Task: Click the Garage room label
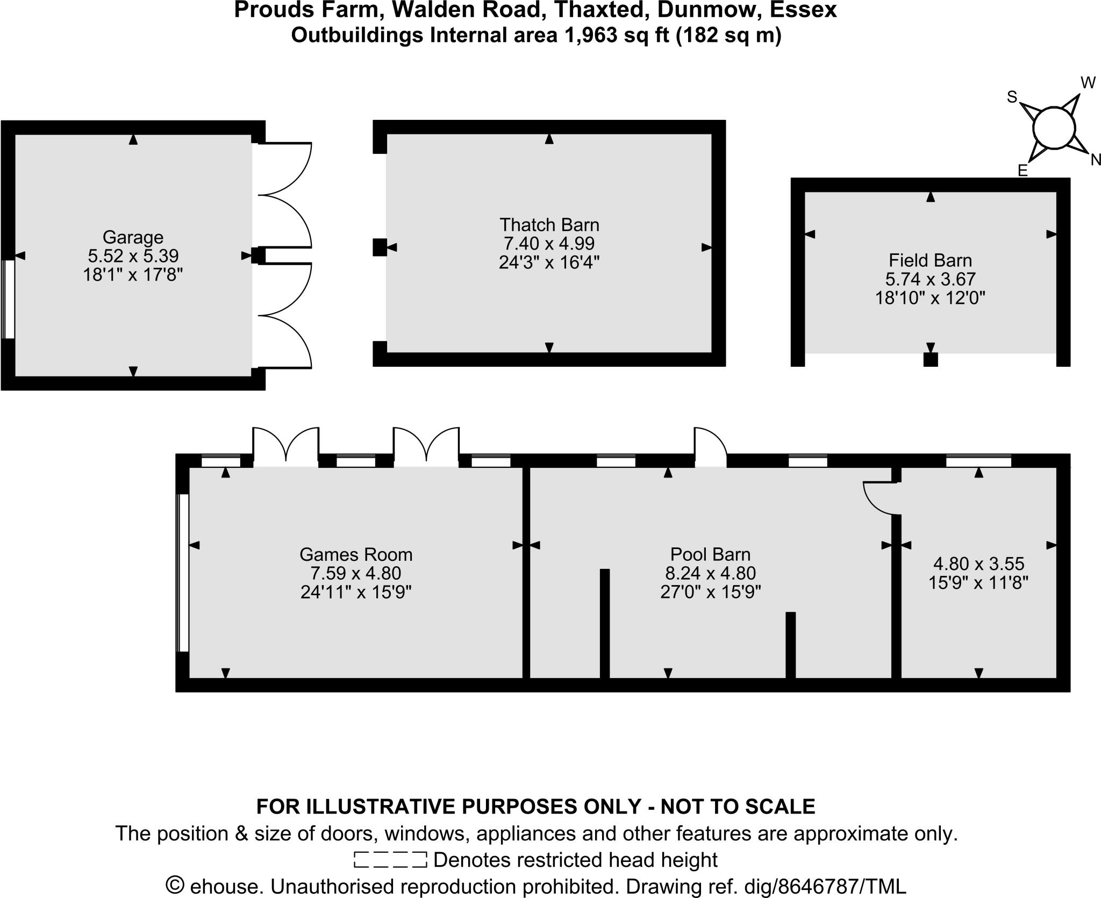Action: [x=133, y=237]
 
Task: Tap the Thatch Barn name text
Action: [x=549, y=225]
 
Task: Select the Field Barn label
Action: [x=930, y=261]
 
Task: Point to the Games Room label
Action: [x=356, y=554]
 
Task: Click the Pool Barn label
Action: [x=710, y=554]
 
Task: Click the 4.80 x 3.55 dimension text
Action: [x=978, y=564]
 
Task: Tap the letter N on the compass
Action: [x=1095, y=160]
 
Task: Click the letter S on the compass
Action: [x=1012, y=97]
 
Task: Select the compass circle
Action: [x=1054, y=129]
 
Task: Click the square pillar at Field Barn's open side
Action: [x=931, y=360]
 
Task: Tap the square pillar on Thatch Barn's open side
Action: [x=380, y=247]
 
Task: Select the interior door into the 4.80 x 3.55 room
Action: [x=878, y=498]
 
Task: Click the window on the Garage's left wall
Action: [x=8, y=299]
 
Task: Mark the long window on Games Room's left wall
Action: [x=183, y=573]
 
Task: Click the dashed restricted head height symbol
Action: [x=390, y=859]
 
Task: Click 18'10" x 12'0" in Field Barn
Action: [x=930, y=297]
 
